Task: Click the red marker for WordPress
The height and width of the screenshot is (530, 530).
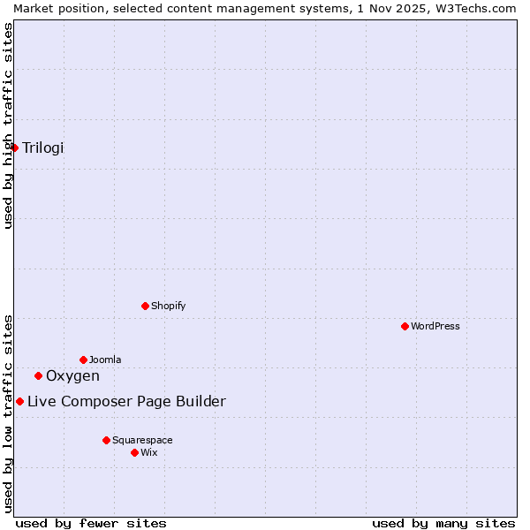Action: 405,326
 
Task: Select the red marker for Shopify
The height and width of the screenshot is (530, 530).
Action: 145,306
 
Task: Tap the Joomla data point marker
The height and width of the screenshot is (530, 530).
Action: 83,360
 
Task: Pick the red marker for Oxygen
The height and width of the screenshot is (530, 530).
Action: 38,375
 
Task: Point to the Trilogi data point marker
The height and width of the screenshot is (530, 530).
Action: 15,148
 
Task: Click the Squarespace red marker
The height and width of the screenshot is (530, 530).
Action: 106,440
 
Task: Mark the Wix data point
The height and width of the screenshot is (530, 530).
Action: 134,452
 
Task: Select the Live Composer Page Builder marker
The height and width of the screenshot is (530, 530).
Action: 19,402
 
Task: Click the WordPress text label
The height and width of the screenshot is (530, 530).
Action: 435,326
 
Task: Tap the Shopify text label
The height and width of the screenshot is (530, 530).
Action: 169,306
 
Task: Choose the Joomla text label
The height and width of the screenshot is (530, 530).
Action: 105,360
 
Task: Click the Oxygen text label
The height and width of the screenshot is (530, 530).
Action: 72,375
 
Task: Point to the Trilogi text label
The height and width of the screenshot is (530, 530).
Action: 43,148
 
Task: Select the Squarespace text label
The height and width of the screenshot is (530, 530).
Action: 142,440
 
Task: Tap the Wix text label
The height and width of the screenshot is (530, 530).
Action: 149,452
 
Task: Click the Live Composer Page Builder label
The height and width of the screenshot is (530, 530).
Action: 126,402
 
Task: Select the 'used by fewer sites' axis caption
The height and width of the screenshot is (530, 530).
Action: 91,523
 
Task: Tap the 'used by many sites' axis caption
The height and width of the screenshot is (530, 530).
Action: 443,523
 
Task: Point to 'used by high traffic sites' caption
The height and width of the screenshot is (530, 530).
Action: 8,125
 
